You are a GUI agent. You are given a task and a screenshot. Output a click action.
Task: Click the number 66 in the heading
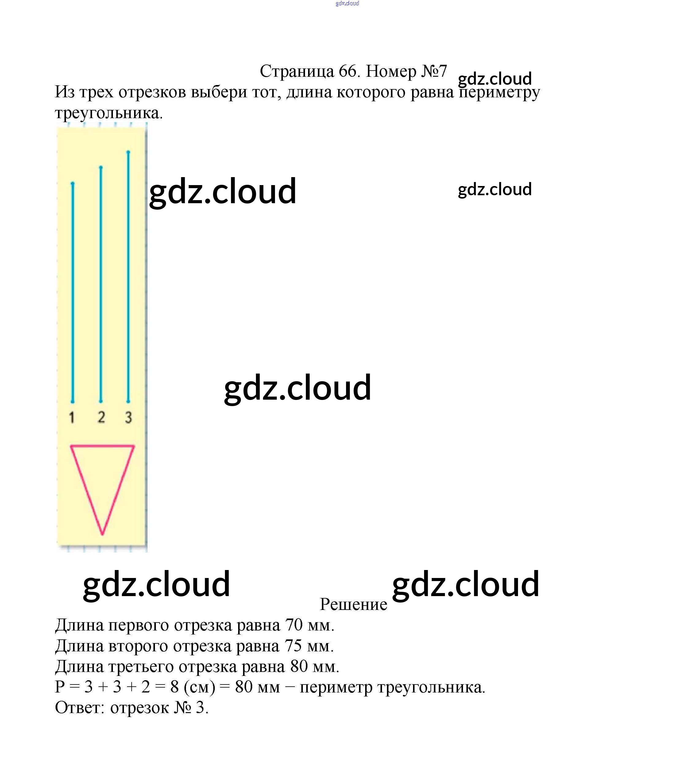(x=348, y=71)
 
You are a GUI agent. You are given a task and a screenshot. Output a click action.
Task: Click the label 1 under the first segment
(x=71, y=417)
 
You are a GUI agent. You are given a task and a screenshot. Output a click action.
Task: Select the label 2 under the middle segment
(x=101, y=417)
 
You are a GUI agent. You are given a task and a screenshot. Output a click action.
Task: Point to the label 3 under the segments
(x=129, y=417)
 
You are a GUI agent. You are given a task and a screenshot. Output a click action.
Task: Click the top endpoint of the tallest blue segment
(x=128, y=152)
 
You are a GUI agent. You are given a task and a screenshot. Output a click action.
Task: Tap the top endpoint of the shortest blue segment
(x=72, y=184)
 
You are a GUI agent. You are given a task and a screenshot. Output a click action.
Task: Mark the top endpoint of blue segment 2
(x=101, y=167)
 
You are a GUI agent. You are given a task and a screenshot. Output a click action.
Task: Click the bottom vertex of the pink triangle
(x=102, y=534)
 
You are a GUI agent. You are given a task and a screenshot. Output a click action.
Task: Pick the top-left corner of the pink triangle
(x=71, y=446)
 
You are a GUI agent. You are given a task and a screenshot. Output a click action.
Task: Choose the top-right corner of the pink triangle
(x=134, y=446)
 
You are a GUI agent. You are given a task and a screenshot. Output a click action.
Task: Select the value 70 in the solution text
(x=294, y=625)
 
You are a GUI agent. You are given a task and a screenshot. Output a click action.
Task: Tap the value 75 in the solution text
(x=293, y=646)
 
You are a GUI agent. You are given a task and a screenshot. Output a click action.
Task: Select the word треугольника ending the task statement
(x=109, y=113)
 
